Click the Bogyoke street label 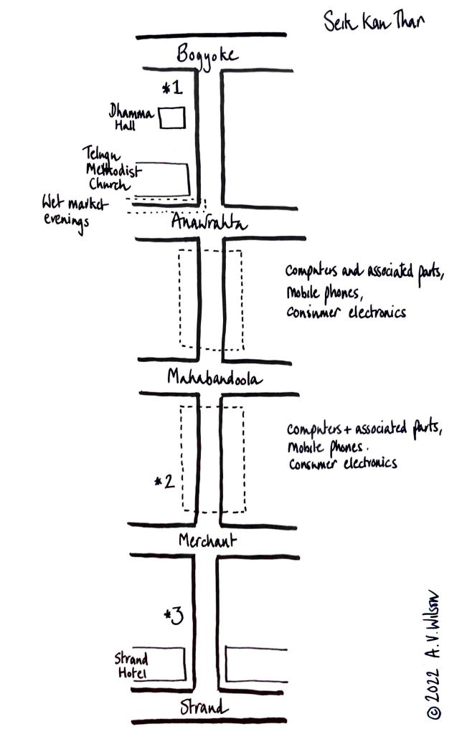(x=209, y=54)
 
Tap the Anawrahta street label (x=209, y=223)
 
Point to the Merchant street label (x=208, y=540)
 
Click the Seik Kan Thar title (x=373, y=21)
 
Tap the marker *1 (x=173, y=89)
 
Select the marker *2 (x=164, y=482)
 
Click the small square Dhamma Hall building (x=172, y=118)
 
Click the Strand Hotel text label (x=131, y=665)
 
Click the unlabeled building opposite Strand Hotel (x=257, y=664)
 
